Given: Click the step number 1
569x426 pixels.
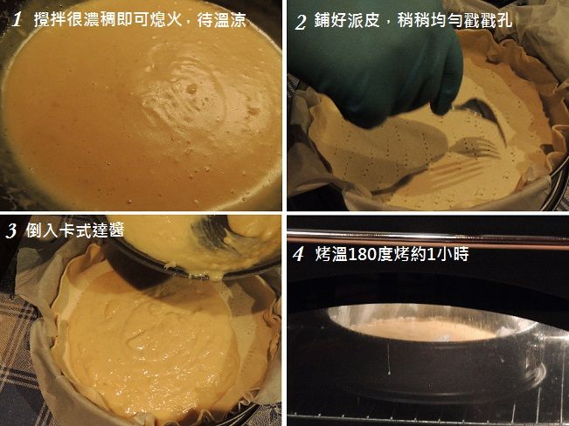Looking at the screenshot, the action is tap(17, 19).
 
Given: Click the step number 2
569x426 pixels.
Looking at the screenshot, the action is tap(301, 22).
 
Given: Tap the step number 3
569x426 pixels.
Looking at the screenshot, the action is tap(11, 231).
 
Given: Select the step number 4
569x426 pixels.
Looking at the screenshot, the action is tap(298, 254).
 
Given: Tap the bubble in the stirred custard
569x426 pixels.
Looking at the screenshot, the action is tap(191, 88).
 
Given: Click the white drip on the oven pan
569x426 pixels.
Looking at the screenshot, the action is tap(389, 359).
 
